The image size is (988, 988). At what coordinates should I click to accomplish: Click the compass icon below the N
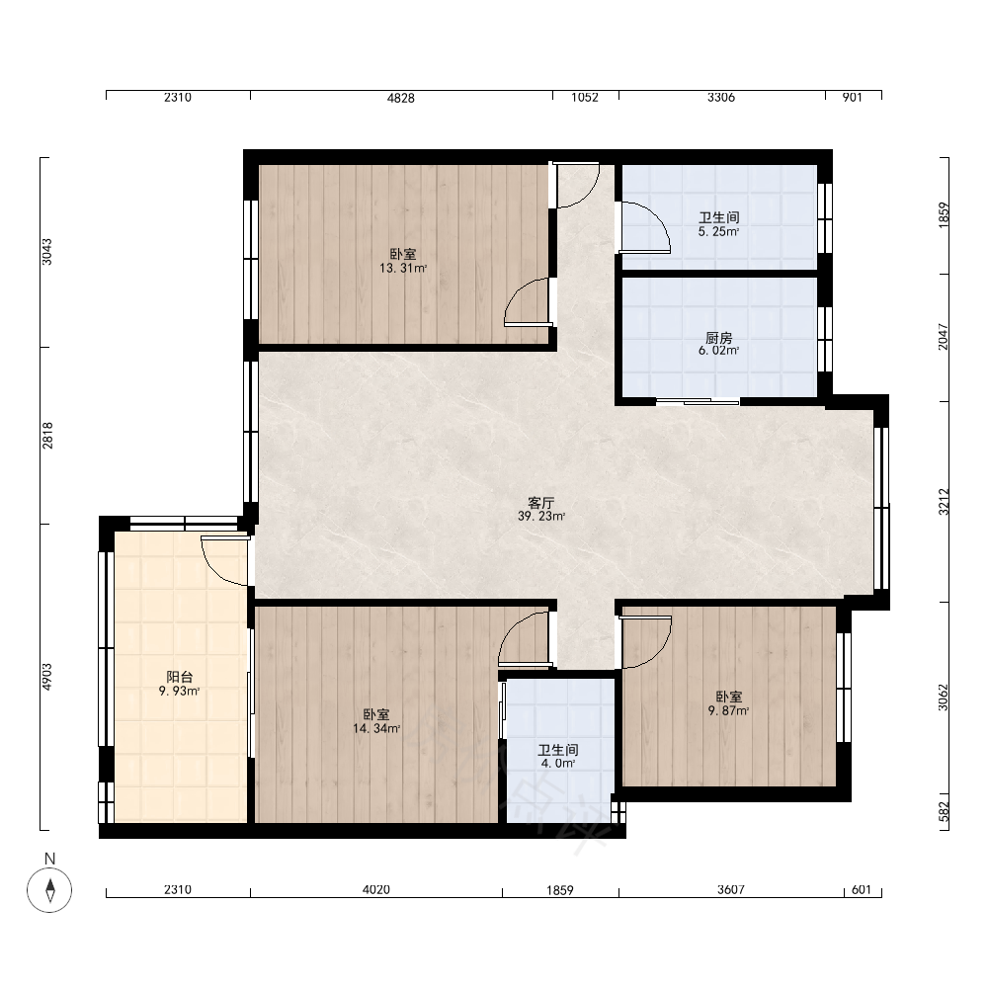pyautogui.click(x=49, y=890)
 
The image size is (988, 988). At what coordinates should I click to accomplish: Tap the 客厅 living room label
pyautogui.click(x=540, y=503)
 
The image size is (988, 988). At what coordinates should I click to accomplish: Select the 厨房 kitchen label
pyautogui.click(x=718, y=338)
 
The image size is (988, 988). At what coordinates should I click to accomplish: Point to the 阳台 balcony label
pyautogui.click(x=179, y=677)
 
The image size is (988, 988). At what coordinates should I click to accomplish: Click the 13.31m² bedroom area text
pyautogui.click(x=403, y=268)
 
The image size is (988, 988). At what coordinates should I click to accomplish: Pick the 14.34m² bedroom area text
pyautogui.click(x=376, y=728)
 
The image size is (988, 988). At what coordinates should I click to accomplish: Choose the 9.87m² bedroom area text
pyautogui.click(x=728, y=710)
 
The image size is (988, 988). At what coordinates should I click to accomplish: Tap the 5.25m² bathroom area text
pyautogui.click(x=718, y=231)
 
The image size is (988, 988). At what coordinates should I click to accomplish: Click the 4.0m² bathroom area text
pyautogui.click(x=557, y=763)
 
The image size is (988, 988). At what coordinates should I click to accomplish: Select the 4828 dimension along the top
pyautogui.click(x=401, y=98)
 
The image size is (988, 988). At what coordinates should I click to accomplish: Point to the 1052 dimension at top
pyautogui.click(x=585, y=97)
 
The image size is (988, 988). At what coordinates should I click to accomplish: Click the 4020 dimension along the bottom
pyautogui.click(x=376, y=890)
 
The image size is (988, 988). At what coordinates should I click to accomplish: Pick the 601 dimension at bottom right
pyautogui.click(x=861, y=890)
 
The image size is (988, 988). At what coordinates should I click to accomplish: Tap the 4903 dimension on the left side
pyautogui.click(x=47, y=677)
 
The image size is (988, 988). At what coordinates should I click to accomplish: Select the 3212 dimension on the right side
pyautogui.click(x=944, y=502)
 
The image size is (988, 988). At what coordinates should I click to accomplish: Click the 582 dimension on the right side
pyautogui.click(x=944, y=811)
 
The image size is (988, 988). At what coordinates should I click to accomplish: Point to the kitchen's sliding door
pyautogui.click(x=699, y=401)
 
